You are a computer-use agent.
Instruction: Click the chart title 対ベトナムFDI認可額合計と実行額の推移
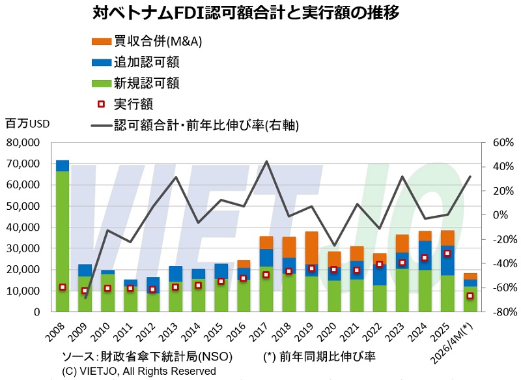pyautogui.click(x=246, y=13)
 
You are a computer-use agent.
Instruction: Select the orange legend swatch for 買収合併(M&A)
pyautogui.click(x=102, y=42)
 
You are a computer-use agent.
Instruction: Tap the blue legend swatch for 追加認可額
pyautogui.click(x=102, y=62)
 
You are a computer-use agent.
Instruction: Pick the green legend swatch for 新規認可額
pyautogui.click(x=102, y=83)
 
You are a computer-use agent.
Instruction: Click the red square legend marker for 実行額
pyautogui.click(x=102, y=104)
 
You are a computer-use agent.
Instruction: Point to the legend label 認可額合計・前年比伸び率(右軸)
pyautogui.click(x=206, y=125)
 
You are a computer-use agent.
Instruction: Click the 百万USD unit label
pyautogui.click(x=27, y=124)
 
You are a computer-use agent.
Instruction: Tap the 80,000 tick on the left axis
pyautogui.click(x=23, y=143)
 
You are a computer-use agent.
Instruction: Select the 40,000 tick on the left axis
pyautogui.click(x=23, y=227)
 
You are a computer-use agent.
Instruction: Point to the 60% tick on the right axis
pyautogui.click(x=503, y=143)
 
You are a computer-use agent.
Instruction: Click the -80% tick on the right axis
pyautogui.click(x=503, y=312)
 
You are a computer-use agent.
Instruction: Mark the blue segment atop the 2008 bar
pyautogui.click(x=63, y=166)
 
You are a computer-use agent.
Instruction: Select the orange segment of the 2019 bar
pyautogui.click(x=312, y=248)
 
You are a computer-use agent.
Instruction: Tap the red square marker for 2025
pyautogui.click(x=447, y=253)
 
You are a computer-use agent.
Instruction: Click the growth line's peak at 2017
pyautogui.click(x=266, y=162)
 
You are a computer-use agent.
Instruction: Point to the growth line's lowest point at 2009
pyautogui.click(x=85, y=298)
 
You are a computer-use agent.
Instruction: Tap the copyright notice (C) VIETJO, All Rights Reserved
pyautogui.click(x=139, y=371)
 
